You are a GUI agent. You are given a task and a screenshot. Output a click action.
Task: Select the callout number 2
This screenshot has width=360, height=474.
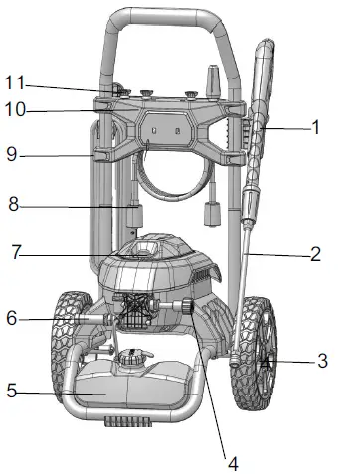pyautogui.click(x=315, y=254)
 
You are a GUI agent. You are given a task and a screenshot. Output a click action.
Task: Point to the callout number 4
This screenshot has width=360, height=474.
pyautogui.click(x=232, y=462)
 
